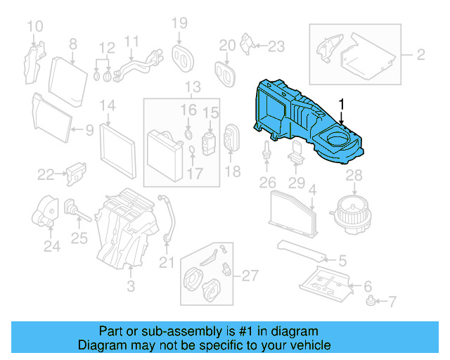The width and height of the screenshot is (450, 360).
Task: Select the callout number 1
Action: [342, 105]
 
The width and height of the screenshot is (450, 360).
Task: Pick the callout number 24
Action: [51, 247]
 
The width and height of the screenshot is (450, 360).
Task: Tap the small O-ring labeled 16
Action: [189, 133]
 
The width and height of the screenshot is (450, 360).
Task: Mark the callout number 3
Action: [130, 286]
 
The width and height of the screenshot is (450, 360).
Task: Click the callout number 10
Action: [34, 27]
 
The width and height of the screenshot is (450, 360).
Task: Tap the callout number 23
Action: [276, 47]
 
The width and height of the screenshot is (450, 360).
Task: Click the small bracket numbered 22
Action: [75, 173]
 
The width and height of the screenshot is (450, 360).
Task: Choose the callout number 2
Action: [420, 54]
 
